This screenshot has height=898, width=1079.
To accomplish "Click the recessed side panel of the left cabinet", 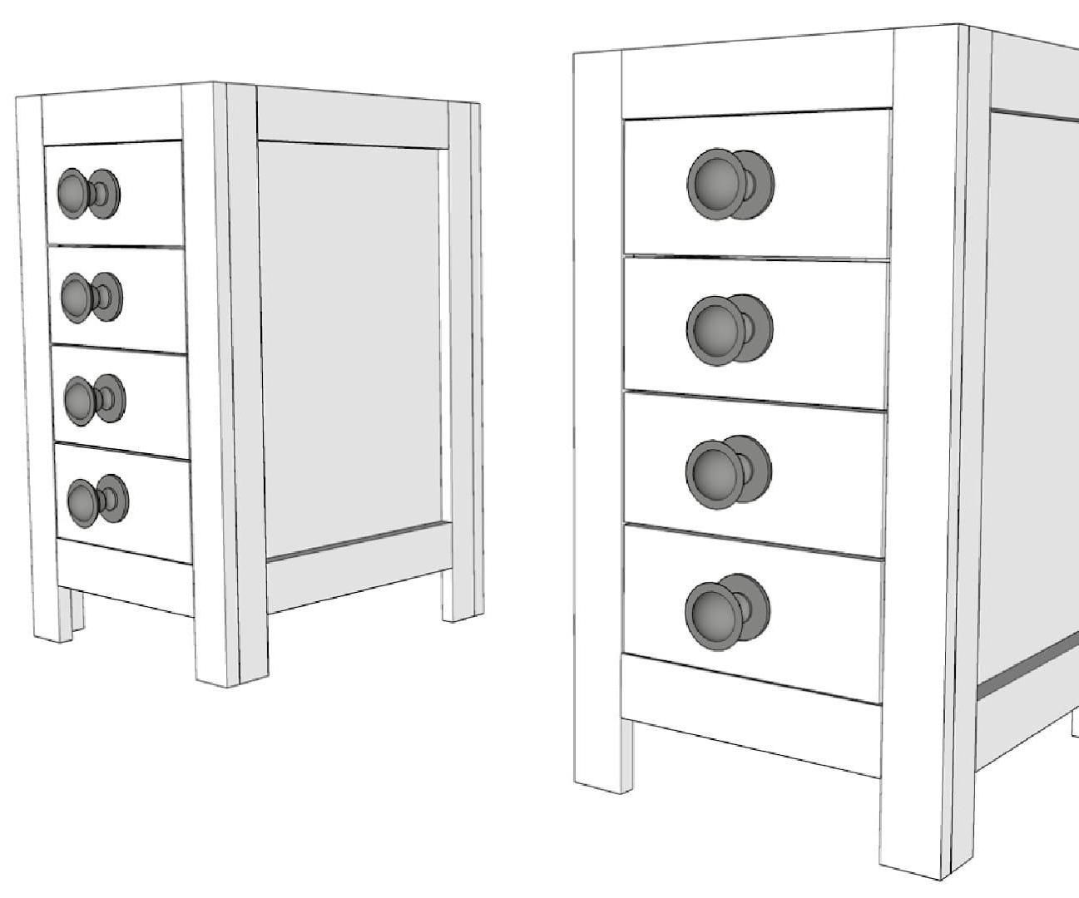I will click(349, 349).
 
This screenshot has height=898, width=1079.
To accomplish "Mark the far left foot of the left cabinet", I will click(52, 615).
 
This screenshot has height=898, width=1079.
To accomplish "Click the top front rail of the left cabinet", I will click(111, 117).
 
